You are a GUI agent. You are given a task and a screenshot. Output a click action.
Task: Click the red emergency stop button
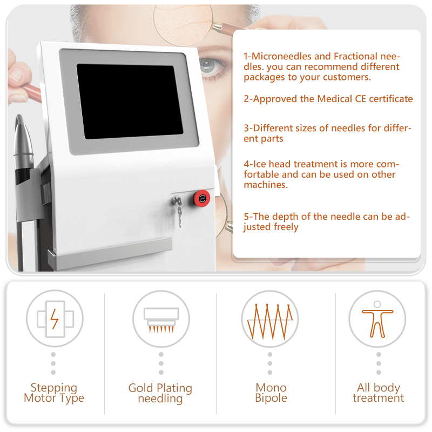pyautogui.click(x=202, y=198)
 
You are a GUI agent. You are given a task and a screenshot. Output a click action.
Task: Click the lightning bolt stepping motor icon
pyautogui.click(x=55, y=319)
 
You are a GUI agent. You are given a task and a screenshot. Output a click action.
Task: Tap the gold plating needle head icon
pyautogui.click(x=161, y=319)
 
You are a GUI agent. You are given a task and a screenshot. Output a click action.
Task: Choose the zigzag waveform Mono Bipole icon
pyautogui.click(x=269, y=319)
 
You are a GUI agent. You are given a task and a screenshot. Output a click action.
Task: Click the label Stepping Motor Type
pyautogui.click(x=54, y=393)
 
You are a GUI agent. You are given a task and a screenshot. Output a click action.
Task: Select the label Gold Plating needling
pyautogui.click(x=160, y=394)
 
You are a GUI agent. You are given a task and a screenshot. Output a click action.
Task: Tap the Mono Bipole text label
pyautogui.click(x=271, y=393)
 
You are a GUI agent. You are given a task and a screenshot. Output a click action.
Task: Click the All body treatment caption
pyautogui.click(x=378, y=393)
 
